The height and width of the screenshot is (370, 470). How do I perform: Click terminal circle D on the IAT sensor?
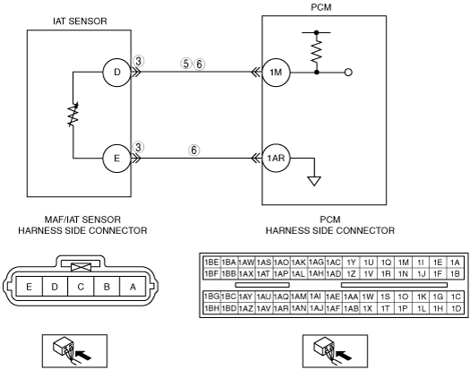click(x=117, y=72)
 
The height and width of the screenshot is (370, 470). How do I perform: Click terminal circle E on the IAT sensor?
click(x=117, y=159)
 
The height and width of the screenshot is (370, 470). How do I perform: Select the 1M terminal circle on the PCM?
click(x=276, y=73)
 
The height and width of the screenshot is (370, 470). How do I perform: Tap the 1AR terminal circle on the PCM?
click(x=276, y=159)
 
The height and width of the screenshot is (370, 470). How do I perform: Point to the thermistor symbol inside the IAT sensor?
click(x=73, y=115)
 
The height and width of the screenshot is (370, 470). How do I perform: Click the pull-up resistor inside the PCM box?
click(x=317, y=52)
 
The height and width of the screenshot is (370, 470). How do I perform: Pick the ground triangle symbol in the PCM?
click(x=314, y=181)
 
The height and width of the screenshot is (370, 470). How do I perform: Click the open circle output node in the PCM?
click(x=348, y=73)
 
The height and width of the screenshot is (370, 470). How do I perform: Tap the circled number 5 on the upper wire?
click(x=186, y=64)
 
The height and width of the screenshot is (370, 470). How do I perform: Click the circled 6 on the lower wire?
click(x=194, y=150)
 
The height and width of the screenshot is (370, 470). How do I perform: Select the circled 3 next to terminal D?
click(x=138, y=61)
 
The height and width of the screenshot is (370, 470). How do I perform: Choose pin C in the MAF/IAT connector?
click(x=81, y=287)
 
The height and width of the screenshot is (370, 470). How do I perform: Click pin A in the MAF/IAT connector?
click(x=132, y=287)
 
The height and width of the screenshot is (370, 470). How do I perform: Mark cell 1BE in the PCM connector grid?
click(x=211, y=262)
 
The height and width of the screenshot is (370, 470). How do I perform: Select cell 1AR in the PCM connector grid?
click(x=281, y=308)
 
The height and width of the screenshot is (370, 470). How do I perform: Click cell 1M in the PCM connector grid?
click(x=404, y=262)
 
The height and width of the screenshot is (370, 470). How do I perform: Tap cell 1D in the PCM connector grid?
click(x=456, y=308)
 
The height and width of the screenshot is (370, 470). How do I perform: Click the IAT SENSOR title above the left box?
click(x=80, y=22)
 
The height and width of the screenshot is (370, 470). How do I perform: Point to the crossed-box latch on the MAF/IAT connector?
click(x=81, y=267)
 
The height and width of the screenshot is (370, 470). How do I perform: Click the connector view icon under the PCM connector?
click(x=335, y=351)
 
